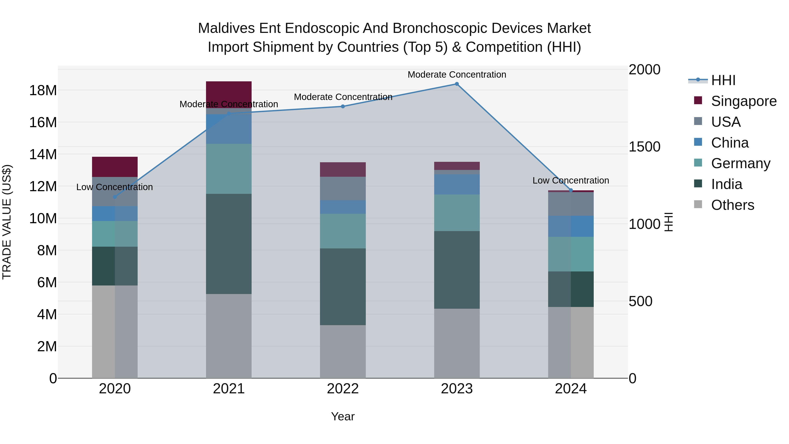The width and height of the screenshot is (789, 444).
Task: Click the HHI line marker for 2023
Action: pos(457,84)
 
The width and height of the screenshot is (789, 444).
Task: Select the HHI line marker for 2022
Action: pos(343,106)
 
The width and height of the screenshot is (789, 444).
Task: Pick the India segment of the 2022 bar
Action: pos(343,287)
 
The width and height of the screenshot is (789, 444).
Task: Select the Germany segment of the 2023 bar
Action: pos(457,213)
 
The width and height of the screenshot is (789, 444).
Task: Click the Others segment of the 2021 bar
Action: pos(229,336)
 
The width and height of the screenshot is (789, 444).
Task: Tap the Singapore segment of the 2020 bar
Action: pos(115,167)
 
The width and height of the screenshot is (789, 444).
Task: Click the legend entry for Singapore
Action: pos(744,101)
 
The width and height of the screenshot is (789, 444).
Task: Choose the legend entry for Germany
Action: pos(740,163)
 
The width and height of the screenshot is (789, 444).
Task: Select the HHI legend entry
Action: pos(723,80)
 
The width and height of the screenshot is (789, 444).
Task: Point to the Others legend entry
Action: pos(732,205)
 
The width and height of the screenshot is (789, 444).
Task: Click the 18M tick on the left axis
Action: pos(43,90)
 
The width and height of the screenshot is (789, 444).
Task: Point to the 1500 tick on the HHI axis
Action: pos(644,147)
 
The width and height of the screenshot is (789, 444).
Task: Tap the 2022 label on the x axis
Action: pos(343,389)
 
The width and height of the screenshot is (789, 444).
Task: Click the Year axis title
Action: pos(343,416)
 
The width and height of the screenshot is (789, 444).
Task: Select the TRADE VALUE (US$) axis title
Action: pos(7,222)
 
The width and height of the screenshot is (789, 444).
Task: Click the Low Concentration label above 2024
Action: pos(571,180)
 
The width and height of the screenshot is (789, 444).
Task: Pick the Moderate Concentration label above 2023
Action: pos(457,75)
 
